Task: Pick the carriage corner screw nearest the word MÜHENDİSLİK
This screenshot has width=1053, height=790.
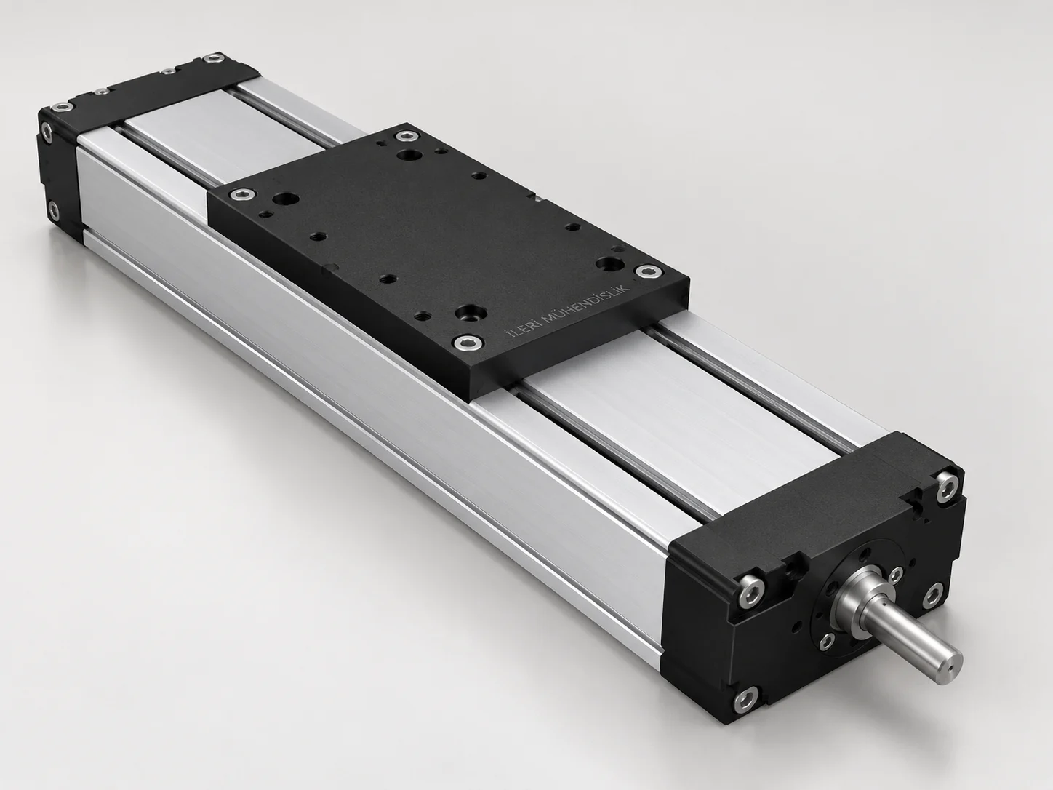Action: click(x=646, y=271)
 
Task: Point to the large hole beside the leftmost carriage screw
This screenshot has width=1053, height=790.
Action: click(x=285, y=199)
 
